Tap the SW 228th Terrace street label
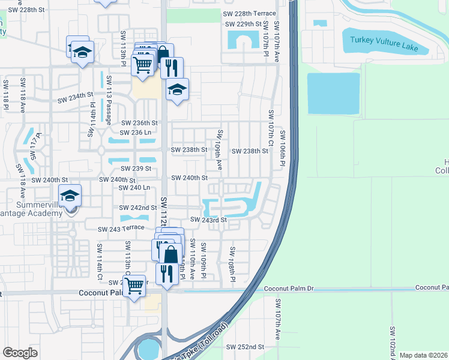point(251,13)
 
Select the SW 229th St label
point(244,24)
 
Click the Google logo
point(20,352)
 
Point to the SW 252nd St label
point(245,347)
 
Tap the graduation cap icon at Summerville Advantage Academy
point(70,195)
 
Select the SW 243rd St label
point(208,220)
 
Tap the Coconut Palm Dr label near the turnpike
point(289,289)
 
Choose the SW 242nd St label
point(137,208)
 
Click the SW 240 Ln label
point(134,188)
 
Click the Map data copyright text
point(423,355)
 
